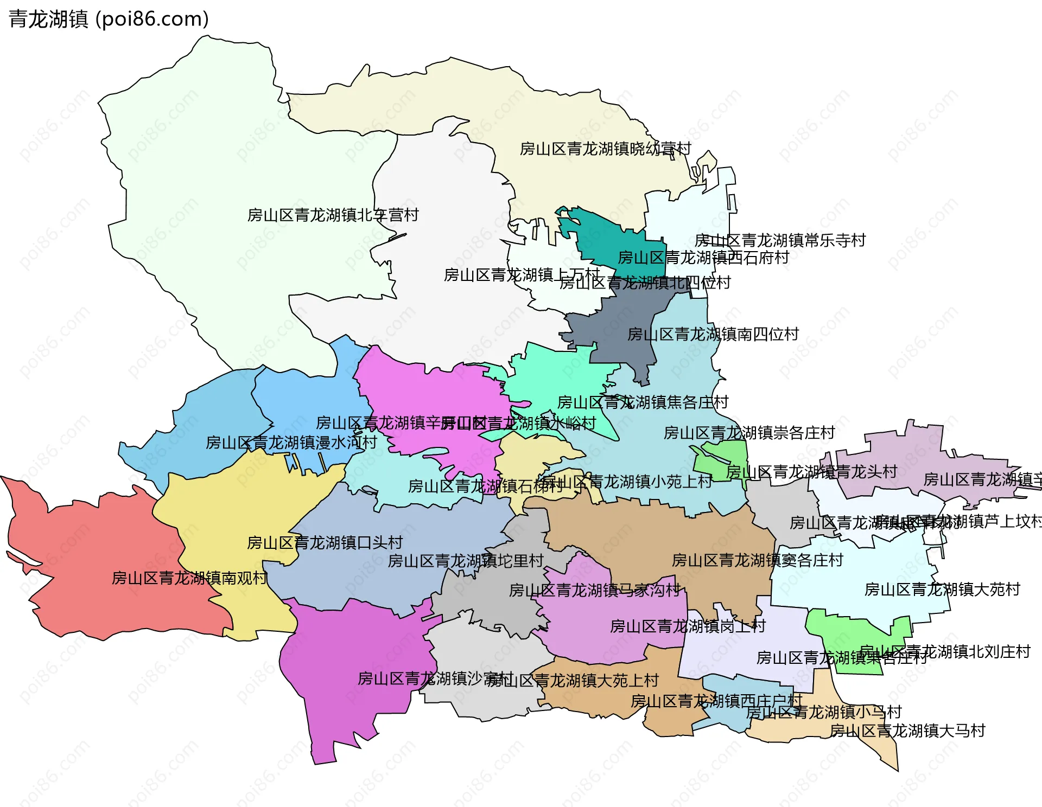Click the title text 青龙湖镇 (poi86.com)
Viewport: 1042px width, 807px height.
pos(109,19)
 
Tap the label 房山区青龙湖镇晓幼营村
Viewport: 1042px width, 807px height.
pos(605,149)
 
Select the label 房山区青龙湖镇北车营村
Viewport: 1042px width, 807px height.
pos(333,215)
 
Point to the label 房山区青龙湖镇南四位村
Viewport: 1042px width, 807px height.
pos(713,334)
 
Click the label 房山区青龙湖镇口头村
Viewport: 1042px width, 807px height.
pos(325,542)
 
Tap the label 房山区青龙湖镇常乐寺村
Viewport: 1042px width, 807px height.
pos(780,240)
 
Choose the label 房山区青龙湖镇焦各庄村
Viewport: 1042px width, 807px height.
pos(643,402)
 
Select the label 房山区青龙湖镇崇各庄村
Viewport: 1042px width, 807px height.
pos(749,433)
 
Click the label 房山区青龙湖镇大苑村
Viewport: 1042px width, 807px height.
pos(942,589)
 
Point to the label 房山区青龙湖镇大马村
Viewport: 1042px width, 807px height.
pos(907,731)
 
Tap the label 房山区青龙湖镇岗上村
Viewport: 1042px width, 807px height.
pos(688,626)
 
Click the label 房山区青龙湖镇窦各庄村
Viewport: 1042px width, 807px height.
pos(757,560)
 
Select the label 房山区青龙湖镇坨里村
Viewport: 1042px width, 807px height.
pos(466,561)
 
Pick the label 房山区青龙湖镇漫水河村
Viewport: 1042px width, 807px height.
pos(291,443)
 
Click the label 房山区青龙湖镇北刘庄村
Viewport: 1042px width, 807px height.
pos(945,652)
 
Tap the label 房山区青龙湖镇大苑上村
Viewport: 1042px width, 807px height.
pos(573,680)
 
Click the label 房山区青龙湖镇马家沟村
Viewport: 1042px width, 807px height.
pos(594,590)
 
